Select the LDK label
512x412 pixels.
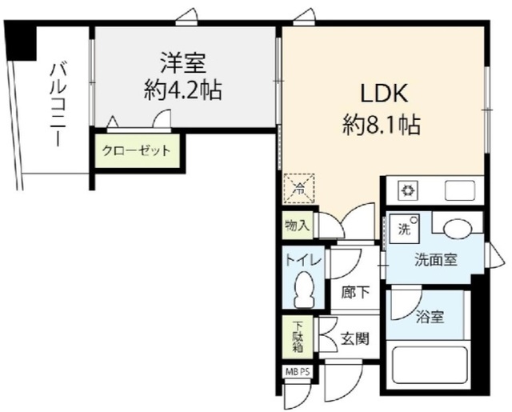[x=383, y=94]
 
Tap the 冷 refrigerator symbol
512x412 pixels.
[x=298, y=190]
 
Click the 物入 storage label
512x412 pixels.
[x=297, y=226]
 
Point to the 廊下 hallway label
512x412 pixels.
[x=355, y=294]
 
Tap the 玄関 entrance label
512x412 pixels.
[x=354, y=338]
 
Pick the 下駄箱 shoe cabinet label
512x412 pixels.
[x=297, y=337]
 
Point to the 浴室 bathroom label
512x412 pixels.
[x=430, y=317]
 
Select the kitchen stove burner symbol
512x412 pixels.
[x=406, y=191]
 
